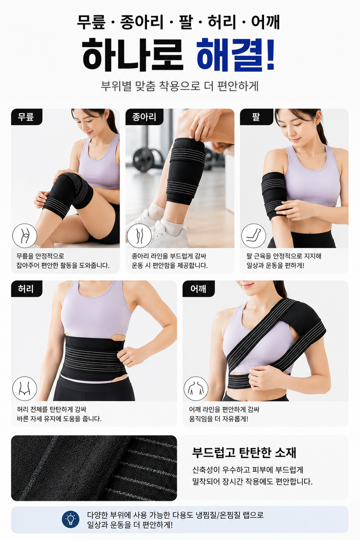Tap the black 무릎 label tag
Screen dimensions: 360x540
[26, 117]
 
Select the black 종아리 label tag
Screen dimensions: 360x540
[144, 117]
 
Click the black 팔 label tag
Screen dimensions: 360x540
[256, 117]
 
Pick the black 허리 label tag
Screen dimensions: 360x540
[26, 288]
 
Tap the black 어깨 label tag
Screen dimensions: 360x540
[198, 288]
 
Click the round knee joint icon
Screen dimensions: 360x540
[25, 236]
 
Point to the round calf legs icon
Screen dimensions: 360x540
[139, 236]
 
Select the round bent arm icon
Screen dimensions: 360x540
[253, 236]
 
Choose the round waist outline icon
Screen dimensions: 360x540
[25, 389]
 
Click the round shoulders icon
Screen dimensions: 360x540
[196, 389]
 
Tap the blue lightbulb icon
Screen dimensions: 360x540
[71, 519]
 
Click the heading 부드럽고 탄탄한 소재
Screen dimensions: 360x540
[244, 452]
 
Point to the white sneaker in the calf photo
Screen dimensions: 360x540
[169, 234]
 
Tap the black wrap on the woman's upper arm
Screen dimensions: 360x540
[274, 195]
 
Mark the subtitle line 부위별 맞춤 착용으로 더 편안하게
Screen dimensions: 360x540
[180, 86]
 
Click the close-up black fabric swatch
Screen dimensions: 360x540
[94, 468]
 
